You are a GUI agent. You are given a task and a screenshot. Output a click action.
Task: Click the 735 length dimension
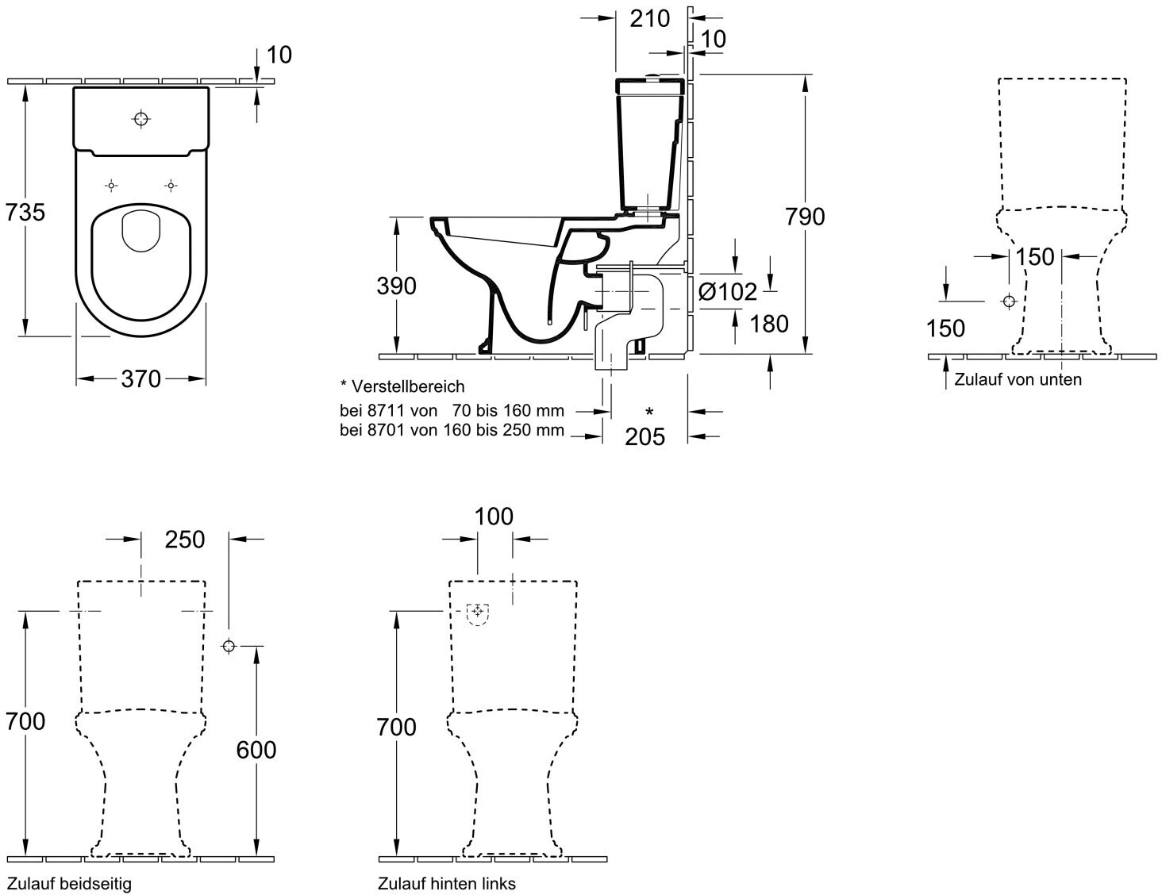click(x=25, y=213)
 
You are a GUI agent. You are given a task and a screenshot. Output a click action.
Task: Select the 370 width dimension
click(x=140, y=379)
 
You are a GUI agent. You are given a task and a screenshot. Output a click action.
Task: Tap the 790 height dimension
click(x=805, y=217)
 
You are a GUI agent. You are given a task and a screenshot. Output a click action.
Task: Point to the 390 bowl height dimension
click(x=396, y=286)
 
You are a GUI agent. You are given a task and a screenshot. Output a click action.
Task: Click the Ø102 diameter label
click(x=728, y=292)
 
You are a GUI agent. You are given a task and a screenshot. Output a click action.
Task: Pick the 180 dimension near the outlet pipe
click(x=769, y=324)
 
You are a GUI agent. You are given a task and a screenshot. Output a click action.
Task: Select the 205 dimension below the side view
click(x=645, y=437)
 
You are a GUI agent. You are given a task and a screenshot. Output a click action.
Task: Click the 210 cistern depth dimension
click(x=650, y=19)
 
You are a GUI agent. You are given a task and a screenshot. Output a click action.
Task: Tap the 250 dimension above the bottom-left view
click(x=185, y=540)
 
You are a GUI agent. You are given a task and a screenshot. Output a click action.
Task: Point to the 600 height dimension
click(x=256, y=750)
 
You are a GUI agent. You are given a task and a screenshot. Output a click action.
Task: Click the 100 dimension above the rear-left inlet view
click(x=494, y=517)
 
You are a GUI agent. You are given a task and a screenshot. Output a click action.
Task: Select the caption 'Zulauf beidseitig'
click(x=70, y=884)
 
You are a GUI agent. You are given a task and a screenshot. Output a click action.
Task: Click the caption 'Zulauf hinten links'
click(x=447, y=884)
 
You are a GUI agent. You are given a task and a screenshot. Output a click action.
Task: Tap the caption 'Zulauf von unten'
click(x=1018, y=379)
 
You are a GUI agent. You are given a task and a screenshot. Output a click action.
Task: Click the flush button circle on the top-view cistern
click(x=140, y=119)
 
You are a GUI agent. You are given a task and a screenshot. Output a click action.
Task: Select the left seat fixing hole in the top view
click(x=111, y=186)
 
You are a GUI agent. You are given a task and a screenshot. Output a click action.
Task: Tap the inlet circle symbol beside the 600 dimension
click(x=229, y=646)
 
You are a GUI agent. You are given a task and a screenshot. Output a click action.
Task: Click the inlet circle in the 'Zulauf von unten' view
click(x=1009, y=302)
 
